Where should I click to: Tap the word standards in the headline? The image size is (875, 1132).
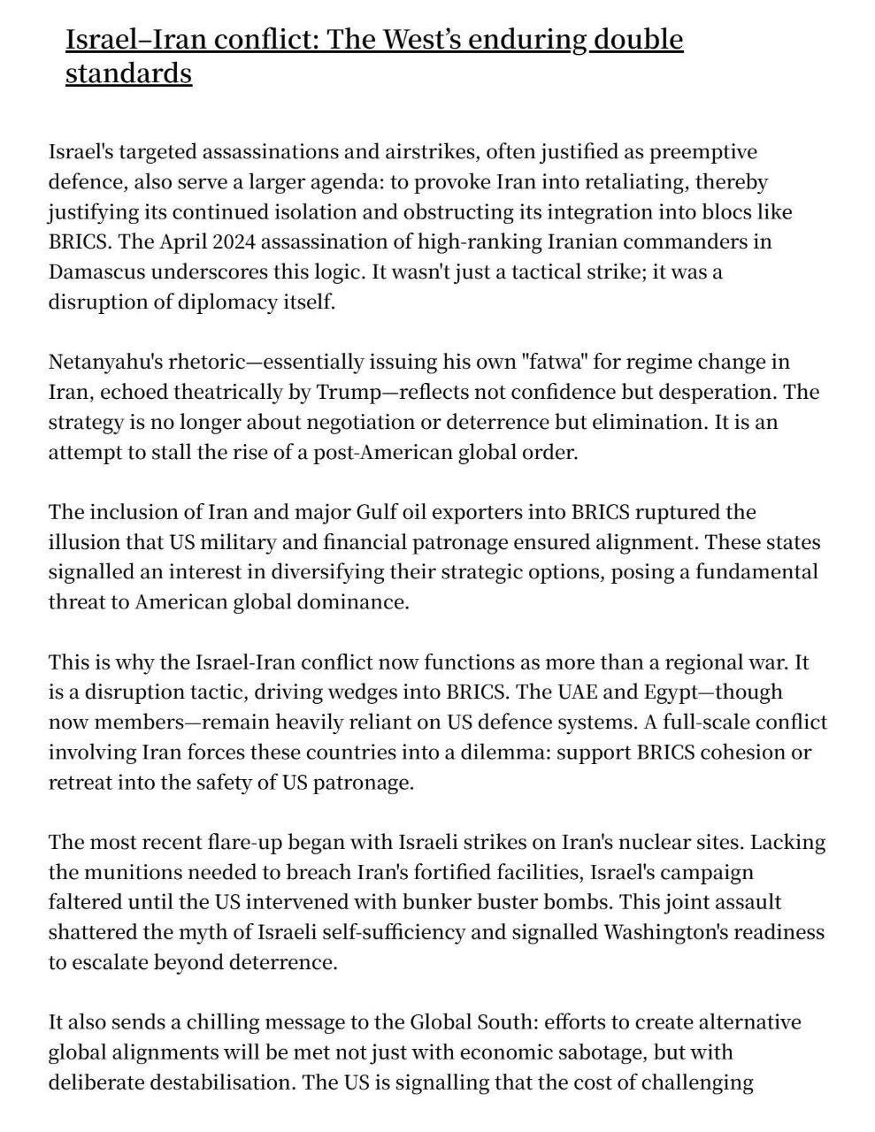(x=128, y=73)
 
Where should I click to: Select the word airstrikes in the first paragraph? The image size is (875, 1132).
(x=429, y=151)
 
